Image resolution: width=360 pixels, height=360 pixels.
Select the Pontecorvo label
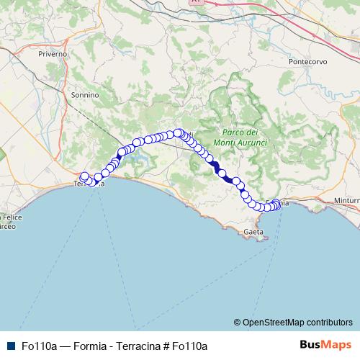[308, 61]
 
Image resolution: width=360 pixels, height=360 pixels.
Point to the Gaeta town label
[253, 232]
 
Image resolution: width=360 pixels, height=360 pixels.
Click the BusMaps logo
[326, 346]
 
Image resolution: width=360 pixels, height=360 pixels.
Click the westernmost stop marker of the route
[84, 176]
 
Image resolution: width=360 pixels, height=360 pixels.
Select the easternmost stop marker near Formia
[276, 204]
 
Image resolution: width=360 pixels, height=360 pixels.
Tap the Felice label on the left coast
[12, 217]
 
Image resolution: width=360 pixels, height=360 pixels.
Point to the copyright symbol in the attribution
[237, 322]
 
